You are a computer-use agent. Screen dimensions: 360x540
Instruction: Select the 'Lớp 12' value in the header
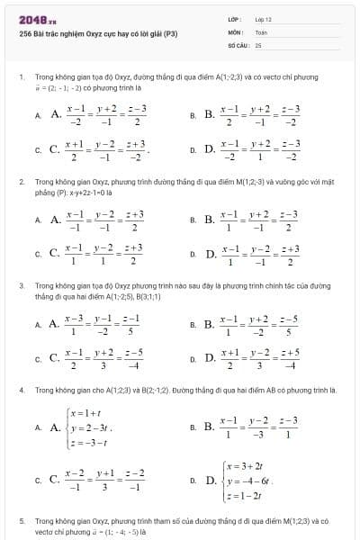click(264, 19)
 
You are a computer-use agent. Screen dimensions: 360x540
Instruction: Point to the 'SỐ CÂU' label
click(237, 43)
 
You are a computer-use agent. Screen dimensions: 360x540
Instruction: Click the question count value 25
click(258, 43)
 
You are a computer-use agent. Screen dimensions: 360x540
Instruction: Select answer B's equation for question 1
click(261, 114)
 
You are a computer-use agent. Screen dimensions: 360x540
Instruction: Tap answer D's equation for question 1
click(261, 148)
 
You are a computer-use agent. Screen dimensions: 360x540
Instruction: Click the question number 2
click(21, 181)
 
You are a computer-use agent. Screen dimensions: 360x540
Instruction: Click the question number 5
click(21, 520)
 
